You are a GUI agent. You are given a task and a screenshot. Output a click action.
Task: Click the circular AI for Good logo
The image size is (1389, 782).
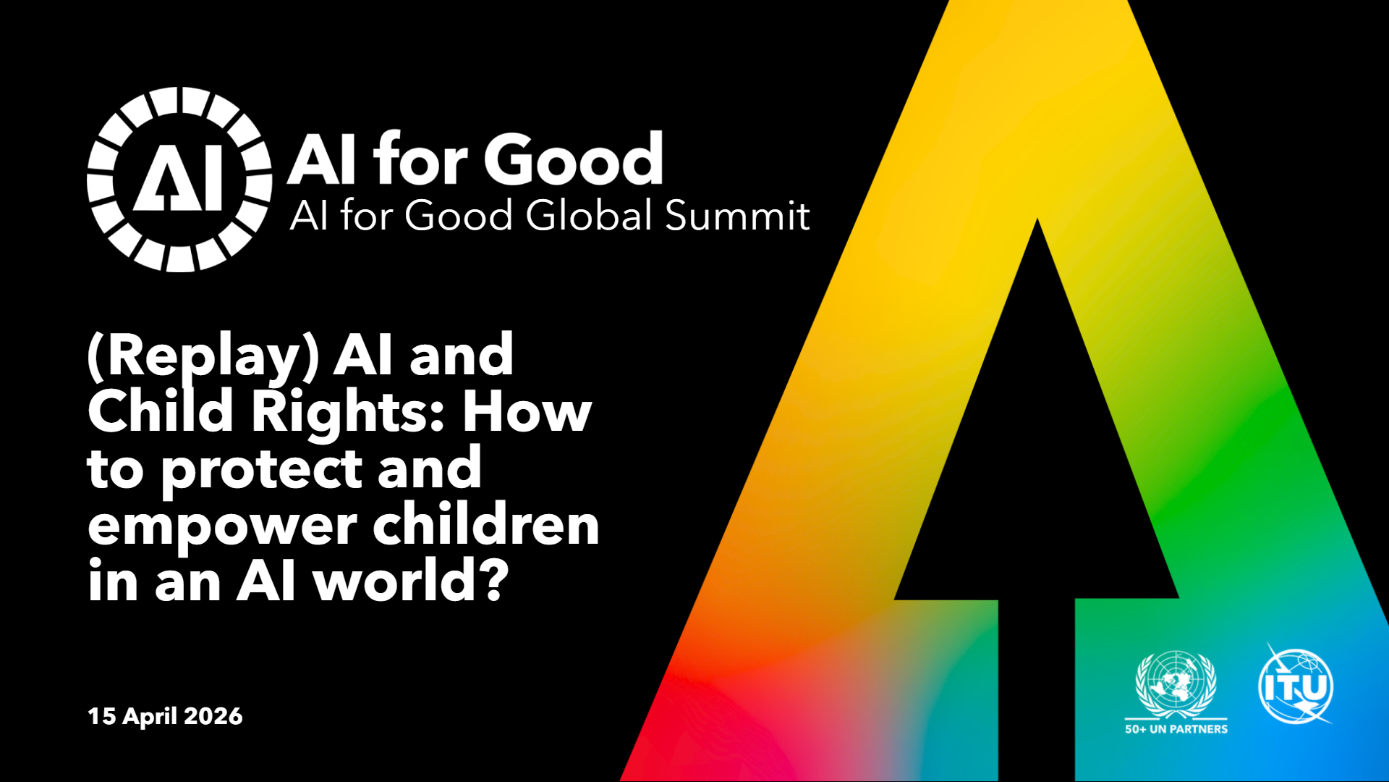(x=179, y=180)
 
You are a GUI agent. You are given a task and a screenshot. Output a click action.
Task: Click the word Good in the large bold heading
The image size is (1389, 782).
(x=573, y=159)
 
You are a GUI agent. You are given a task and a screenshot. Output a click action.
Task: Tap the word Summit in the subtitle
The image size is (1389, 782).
(x=737, y=215)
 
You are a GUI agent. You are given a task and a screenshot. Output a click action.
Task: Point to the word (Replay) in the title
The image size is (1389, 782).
(x=203, y=356)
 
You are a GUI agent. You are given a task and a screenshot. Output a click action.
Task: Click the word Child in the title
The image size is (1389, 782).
(x=160, y=411)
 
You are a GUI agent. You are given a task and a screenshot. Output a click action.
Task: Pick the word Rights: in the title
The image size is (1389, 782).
(x=347, y=413)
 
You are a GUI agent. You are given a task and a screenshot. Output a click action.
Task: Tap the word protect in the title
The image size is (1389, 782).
(x=260, y=471)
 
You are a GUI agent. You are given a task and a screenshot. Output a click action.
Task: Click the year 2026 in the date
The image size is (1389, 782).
(x=213, y=716)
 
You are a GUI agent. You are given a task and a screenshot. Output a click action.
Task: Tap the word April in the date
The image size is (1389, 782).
(x=150, y=717)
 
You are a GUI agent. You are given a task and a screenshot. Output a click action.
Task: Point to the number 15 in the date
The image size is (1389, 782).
(x=101, y=716)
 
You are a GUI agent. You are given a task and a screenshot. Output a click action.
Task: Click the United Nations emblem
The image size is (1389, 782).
(x=1176, y=684)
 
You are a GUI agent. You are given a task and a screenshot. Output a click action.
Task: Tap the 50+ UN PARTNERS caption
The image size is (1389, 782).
(x=1176, y=729)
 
